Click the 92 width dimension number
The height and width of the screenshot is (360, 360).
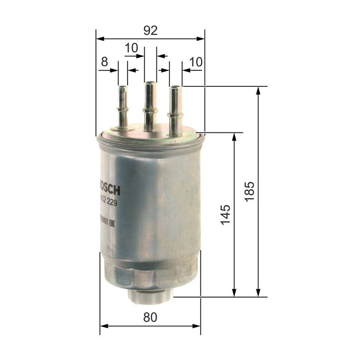150,30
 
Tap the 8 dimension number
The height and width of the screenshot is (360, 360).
104,61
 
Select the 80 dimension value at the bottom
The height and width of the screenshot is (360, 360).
150,318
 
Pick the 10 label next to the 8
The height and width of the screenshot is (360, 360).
131,49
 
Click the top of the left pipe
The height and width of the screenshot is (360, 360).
123,87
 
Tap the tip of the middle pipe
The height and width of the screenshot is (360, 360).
150,83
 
